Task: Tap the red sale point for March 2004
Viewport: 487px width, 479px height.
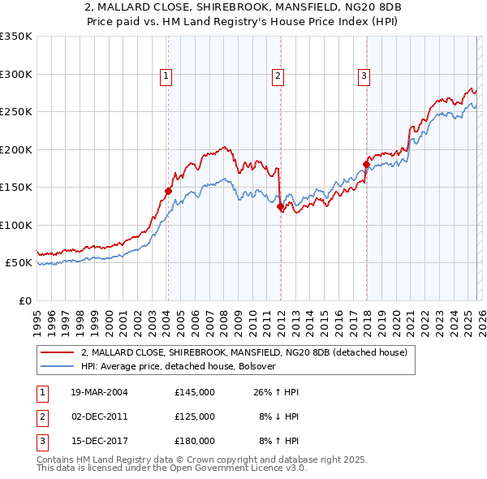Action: pos(168,191)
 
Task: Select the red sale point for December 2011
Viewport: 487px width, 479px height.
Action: pos(279,206)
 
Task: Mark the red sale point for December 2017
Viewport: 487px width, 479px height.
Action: pos(366,165)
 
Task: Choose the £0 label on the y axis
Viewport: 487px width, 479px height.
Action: pos(24,300)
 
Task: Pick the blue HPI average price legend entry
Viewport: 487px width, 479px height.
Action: pos(179,367)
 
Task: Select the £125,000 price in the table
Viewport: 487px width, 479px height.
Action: pos(194,416)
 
